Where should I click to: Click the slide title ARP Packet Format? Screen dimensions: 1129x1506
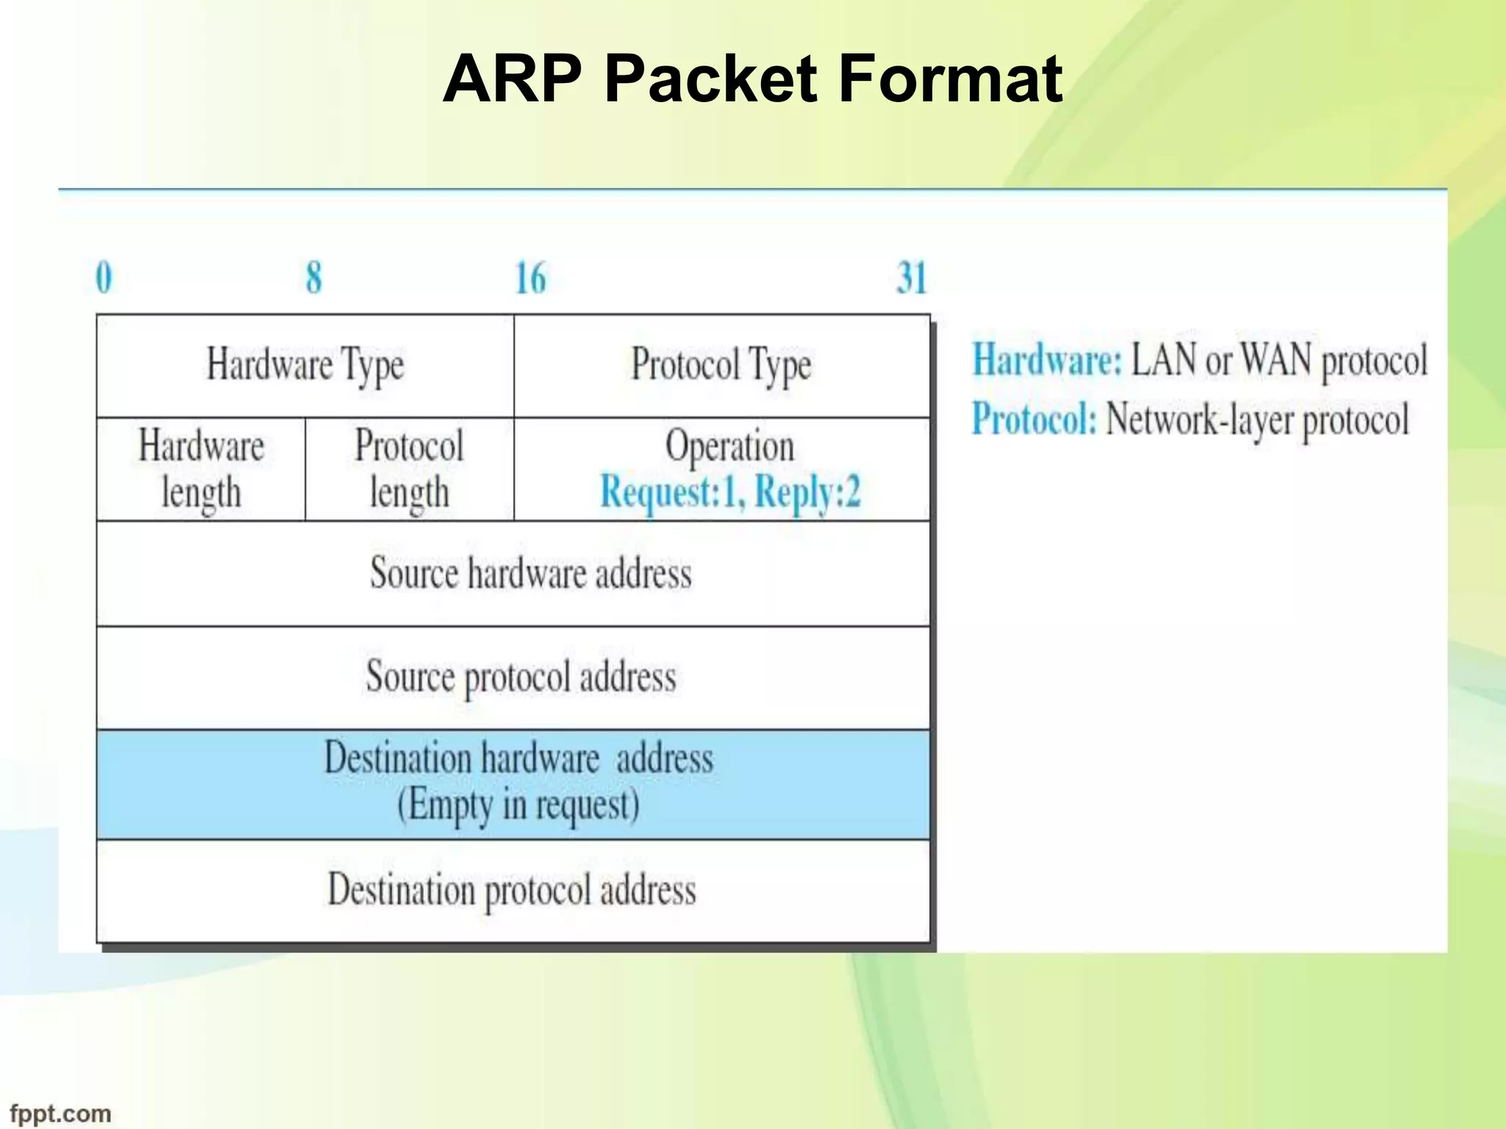[x=752, y=79]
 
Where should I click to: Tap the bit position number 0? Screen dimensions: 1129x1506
[x=104, y=278]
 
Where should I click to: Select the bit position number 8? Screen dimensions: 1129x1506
[x=314, y=278]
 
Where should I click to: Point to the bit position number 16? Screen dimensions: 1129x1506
[x=530, y=278]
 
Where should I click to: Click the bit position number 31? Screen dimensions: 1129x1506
[x=911, y=278]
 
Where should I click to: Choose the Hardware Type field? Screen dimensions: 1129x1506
[x=305, y=365]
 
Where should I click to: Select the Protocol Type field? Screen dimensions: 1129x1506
[x=721, y=365]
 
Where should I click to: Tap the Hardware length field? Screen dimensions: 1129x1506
[x=201, y=469]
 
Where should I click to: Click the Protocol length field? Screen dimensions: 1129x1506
[x=409, y=469]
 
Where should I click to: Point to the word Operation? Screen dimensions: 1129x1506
[x=729, y=446]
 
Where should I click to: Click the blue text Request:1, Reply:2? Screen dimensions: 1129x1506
[x=730, y=492]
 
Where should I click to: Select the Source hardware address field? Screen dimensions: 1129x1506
[x=530, y=573]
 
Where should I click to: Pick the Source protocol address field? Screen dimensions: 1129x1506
[x=521, y=677]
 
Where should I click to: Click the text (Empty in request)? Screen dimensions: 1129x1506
[x=518, y=805]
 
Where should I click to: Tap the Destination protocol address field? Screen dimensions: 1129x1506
[x=512, y=890]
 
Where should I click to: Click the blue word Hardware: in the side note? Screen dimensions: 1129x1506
[x=1047, y=360]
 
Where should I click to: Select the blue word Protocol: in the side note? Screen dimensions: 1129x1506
[x=1034, y=420]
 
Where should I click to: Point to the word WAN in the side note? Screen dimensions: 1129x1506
[x=1276, y=360]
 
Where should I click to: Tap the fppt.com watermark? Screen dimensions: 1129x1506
[x=60, y=1114]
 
